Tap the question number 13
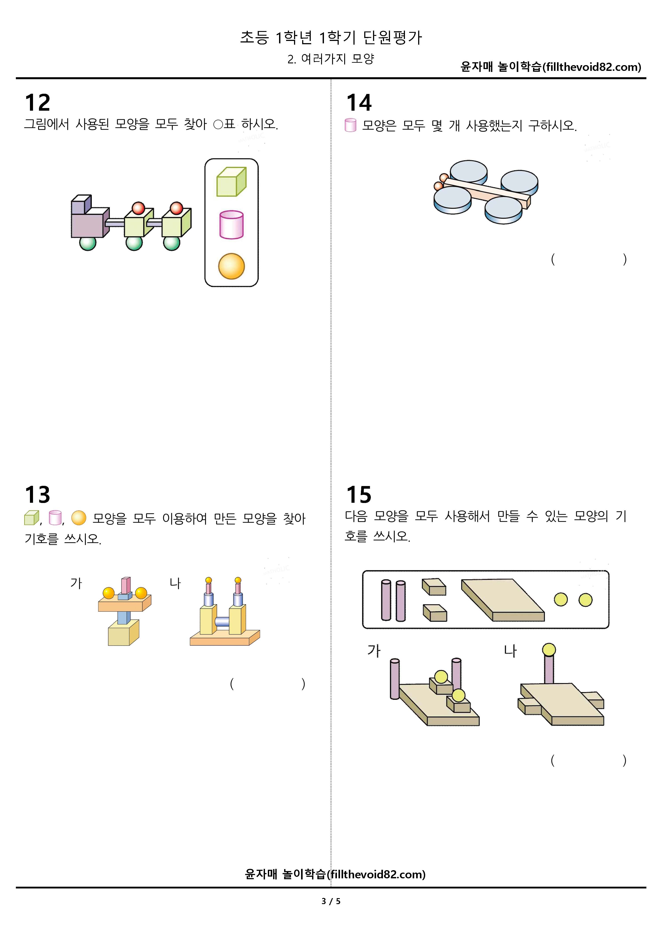click(x=37, y=495)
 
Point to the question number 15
click(x=359, y=495)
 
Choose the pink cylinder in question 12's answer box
click(x=232, y=225)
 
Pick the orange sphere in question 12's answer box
click(x=232, y=266)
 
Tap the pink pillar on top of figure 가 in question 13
click(x=126, y=585)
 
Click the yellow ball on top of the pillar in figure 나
click(x=549, y=650)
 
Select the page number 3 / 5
click(x=331, y=901)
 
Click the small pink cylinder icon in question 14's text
click(x=351, y=125)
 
